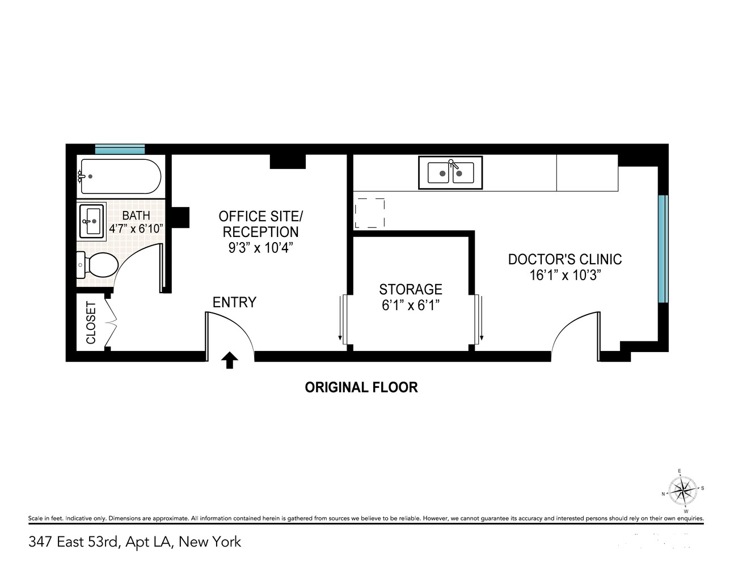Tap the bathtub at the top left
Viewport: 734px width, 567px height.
[x=120, y=176]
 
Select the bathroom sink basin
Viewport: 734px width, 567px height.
[x=92, y=221]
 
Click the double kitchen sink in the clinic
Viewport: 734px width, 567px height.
[x=450, y=172]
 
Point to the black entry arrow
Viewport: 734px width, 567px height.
[x=229, y=360]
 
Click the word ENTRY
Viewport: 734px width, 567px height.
[x=234, y=302]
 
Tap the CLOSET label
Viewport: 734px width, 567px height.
[x=91, y=323]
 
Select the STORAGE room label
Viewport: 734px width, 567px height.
[x=411, y=289]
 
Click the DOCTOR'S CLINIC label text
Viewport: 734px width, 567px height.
[x=564, y=260]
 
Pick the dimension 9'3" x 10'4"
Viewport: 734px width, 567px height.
[x=260, y=248]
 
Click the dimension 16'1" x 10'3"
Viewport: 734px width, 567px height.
[x=564, y=276]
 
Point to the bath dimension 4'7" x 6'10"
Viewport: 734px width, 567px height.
[x=136, y=229]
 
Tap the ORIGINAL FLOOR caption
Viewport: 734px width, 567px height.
[x=361, y=387]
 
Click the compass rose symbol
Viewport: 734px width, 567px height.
[x=682, y=490]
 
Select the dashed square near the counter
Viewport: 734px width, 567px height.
[x=369, y=213]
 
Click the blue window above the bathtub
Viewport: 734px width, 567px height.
[x=120, y=149]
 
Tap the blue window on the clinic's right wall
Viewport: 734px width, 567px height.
[x=663, y=249]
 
